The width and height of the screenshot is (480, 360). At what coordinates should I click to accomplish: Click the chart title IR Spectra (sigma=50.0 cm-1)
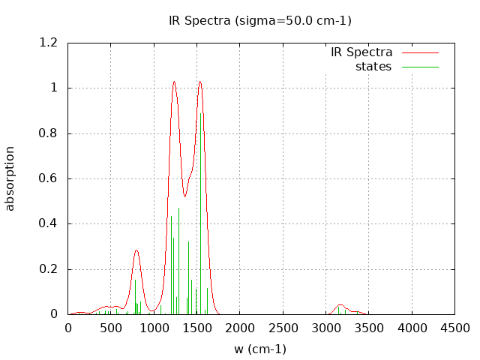coord(260,20)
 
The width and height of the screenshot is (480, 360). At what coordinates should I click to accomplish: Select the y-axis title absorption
coord(10,178)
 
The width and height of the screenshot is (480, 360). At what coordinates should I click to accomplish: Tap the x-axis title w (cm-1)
coord(260,349)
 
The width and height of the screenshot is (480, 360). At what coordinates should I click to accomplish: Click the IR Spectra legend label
coord(361,52)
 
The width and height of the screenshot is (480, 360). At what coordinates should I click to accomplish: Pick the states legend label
coord(373,66)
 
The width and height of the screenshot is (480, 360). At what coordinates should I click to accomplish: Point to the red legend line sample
coord(419,52)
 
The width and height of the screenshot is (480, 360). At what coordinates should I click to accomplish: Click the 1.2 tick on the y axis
coord(48,43)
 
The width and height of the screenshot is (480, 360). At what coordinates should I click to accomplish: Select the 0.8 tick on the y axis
coord(48,133)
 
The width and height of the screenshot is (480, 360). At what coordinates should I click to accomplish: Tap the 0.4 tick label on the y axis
coord(48,223)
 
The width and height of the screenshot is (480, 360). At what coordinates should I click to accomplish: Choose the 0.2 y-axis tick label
coord(48,269)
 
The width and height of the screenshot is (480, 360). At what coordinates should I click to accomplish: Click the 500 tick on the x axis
coord(111,328)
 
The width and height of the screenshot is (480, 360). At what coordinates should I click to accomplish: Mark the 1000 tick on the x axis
coord(154,328)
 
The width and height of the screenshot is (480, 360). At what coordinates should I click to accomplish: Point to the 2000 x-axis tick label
coord(240,328)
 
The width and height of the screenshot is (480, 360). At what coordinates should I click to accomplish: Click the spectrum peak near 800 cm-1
coord(136,250)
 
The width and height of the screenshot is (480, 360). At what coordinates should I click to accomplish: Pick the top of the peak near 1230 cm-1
coord(174,81)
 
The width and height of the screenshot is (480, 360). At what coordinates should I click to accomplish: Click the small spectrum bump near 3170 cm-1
coord(340,304)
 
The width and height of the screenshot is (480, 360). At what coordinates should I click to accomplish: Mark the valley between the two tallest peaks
coord(184,196)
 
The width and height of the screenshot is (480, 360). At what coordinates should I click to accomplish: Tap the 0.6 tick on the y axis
coord(48,178)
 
